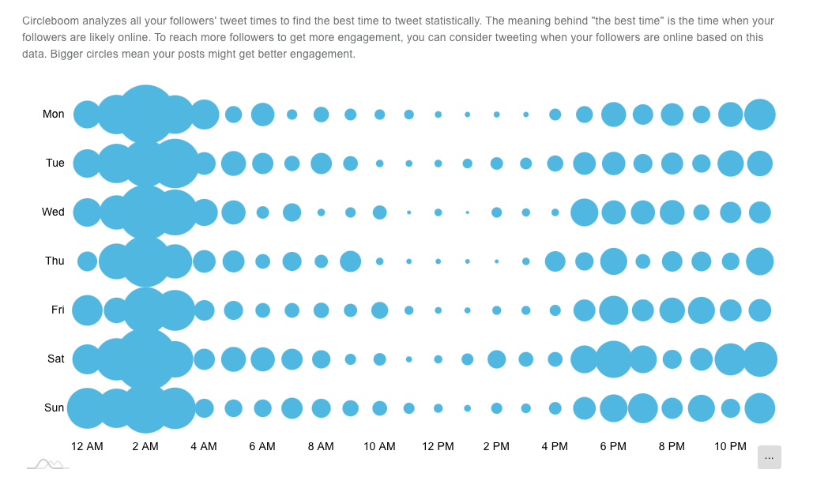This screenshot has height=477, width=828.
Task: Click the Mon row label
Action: pos(54,115)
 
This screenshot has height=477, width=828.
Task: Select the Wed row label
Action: pos(53,212)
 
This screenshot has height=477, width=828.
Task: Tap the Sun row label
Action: pos(54,408)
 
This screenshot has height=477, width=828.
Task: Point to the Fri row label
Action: pos(58,310)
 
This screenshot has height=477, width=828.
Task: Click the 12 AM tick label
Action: pos(87,447)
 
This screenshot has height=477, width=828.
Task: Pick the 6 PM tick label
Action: pos(613,447)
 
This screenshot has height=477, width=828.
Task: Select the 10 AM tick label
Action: pos(379,447)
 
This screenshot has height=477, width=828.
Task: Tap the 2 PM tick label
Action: pos(496,447)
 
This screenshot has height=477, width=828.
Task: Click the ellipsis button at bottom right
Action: pos(769,457)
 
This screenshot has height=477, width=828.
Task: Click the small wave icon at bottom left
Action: pos(48,464)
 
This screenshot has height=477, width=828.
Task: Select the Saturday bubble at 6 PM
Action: pos(613,359)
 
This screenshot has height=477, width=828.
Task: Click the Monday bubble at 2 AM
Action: pos(145,115)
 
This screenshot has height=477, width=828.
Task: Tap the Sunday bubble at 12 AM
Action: pos(87,408)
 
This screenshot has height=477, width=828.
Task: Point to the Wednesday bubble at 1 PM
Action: pos(467,212)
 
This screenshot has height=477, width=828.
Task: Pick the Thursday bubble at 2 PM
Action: pos(496,261)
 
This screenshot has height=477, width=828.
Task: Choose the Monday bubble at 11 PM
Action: pos(759,115)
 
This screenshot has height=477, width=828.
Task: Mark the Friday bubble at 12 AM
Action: pos(87,310)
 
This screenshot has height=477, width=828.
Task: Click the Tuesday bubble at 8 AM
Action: pos(321,163)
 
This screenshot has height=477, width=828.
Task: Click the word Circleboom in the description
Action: pos(51,21)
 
